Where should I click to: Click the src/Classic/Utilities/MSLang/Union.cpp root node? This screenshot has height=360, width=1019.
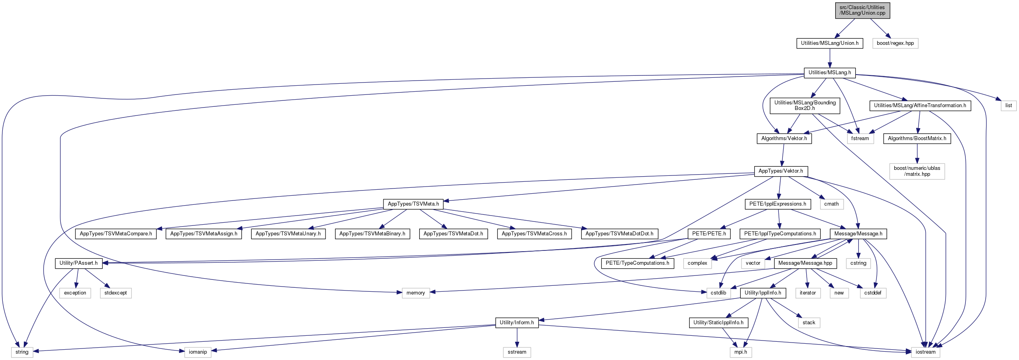861,10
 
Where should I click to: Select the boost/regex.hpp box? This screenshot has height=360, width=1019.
895,43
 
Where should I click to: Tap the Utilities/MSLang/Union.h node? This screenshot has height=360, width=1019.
830,43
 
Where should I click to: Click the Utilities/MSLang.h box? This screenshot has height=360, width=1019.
830,73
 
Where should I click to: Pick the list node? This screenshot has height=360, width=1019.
1009,106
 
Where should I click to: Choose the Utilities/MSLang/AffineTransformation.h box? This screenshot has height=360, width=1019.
920,106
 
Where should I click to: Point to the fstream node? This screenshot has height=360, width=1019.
860,139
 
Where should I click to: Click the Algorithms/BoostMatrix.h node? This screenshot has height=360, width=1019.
917,139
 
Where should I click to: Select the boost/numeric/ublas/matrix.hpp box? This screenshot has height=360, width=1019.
917,171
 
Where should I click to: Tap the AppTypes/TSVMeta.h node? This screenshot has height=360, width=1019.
413,204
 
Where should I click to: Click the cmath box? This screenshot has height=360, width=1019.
831,204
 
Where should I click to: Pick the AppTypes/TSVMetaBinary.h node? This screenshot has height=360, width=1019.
372,234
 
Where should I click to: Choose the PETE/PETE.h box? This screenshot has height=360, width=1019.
709,234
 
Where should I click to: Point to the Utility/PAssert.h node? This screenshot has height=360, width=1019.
79,263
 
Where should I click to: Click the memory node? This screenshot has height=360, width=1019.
416,293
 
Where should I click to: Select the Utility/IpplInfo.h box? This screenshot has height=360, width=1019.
763,293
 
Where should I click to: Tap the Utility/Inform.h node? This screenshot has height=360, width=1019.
517,323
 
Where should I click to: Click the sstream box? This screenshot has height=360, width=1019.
517,352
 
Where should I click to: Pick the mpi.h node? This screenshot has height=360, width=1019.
741,352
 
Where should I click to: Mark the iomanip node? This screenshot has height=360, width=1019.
198,352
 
